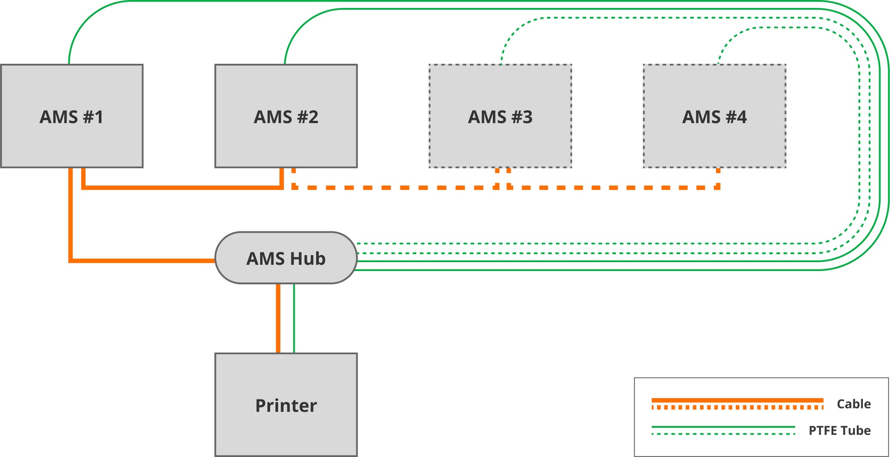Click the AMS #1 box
[72, 116]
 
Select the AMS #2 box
[286, 116]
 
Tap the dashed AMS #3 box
[500, 116]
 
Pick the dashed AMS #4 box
[714, 116]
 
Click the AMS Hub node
[286, 258]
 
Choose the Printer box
[286, 405]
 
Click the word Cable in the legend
[853, 404]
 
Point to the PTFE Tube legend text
[840, 431]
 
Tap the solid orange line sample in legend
[737, 400]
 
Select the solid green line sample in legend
[723, 427]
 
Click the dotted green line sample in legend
[723, 434]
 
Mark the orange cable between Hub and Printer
[278, 318]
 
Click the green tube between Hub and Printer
[294, 318]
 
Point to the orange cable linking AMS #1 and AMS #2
[182, 187]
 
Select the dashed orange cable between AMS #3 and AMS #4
[613, 187]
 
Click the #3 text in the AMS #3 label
[522, 117]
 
